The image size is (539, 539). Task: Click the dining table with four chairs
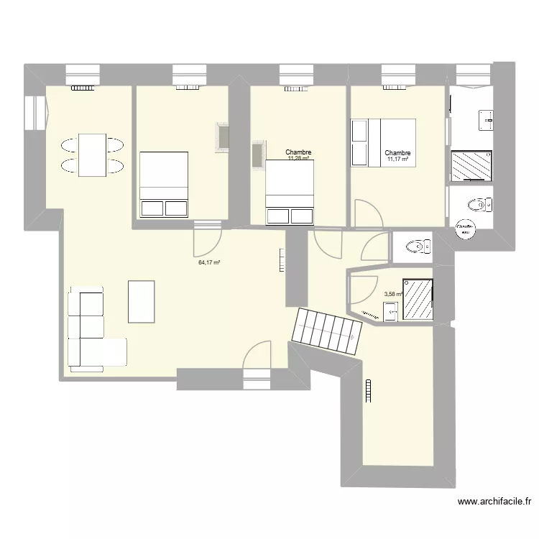pyautogui.click(x=91, y=155)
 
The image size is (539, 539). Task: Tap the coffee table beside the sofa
pyautogui.click(x=142, y=301)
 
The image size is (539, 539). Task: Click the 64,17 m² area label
pyautogui.click(x=209, y=263)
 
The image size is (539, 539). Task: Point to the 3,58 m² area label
pyautogui.click(x=393, y=294)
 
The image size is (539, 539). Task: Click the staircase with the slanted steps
pyautogui.click(x=327, y=331)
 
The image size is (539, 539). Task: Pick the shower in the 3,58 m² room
pyautogui.click(x=418, y=299)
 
